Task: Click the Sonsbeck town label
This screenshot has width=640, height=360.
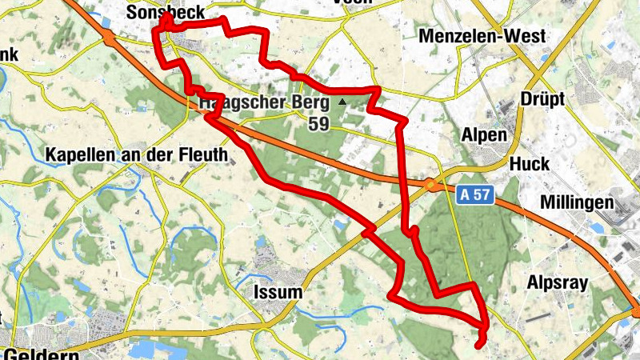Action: click(x=166, y=13)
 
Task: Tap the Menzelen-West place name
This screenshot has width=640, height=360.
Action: click(x=482, y=36)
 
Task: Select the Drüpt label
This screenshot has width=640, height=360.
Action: click(x=542, y=99)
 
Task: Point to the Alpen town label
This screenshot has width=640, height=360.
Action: click(x=485, y=134)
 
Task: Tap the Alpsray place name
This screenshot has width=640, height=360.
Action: click(x=558, y=283)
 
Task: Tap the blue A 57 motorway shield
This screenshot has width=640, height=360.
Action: click(x=474, y=194)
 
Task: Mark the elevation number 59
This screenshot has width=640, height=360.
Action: click(x=318, y=124)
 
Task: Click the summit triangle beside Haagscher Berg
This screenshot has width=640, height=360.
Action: click(x=342, y=102)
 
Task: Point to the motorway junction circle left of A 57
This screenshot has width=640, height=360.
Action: click(x=430, y=186)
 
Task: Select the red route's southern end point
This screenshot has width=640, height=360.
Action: click(x=478, y=345)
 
